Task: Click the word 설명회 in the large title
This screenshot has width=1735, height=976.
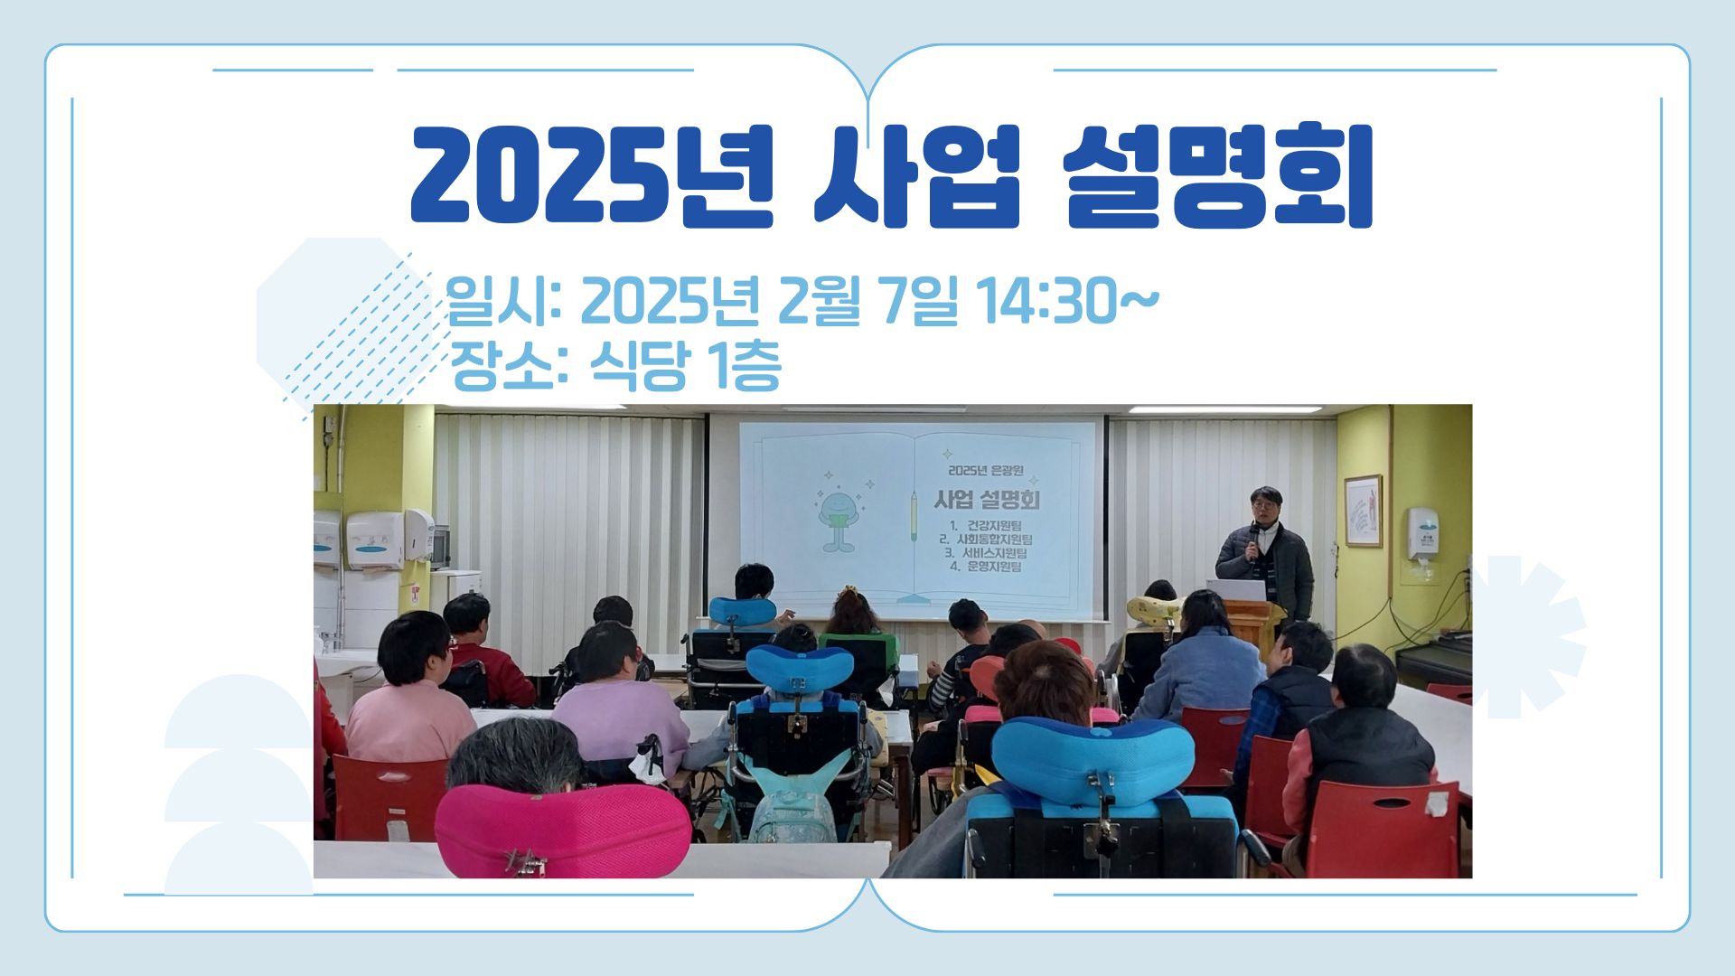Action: click(x=1218, y=176)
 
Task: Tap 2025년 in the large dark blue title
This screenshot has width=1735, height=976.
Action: click(x=592, y=176)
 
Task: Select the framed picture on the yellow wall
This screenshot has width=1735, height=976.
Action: click(x=1363, y=511)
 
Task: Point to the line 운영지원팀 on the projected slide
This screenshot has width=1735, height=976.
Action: click(x=986, y=568)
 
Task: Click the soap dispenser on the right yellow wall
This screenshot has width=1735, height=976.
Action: click(x=1422, y=535)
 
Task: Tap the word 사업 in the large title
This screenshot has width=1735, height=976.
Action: click(x=916, y=176)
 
